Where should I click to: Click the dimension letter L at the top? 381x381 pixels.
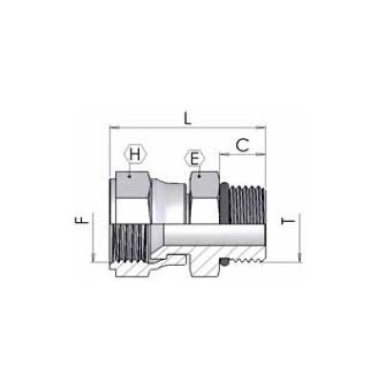[x=187, y=118]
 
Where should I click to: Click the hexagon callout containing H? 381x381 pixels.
[x=135, y=155]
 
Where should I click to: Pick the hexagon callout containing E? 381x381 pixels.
[x=194, y=158]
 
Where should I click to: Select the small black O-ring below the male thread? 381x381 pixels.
[x=221, y=259]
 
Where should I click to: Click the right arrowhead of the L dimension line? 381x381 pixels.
[x=263, y=126]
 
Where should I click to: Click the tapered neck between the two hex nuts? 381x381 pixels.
[x=170, y=195]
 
